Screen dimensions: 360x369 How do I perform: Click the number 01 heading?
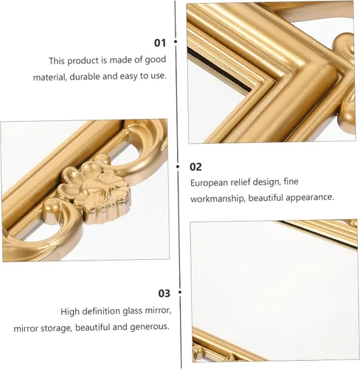tap(160, 43)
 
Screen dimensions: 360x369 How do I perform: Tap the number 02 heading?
tap(195, 167)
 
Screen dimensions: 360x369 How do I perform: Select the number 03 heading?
tap(165, 293)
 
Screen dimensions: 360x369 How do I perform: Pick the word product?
tap(83, 61)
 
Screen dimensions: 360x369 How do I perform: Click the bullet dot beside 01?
tap(176, 41)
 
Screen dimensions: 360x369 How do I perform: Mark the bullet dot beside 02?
tap(178, 167)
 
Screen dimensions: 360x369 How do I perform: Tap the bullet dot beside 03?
tap(180, 292)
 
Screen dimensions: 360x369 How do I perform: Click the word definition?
tap(101, 311)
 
